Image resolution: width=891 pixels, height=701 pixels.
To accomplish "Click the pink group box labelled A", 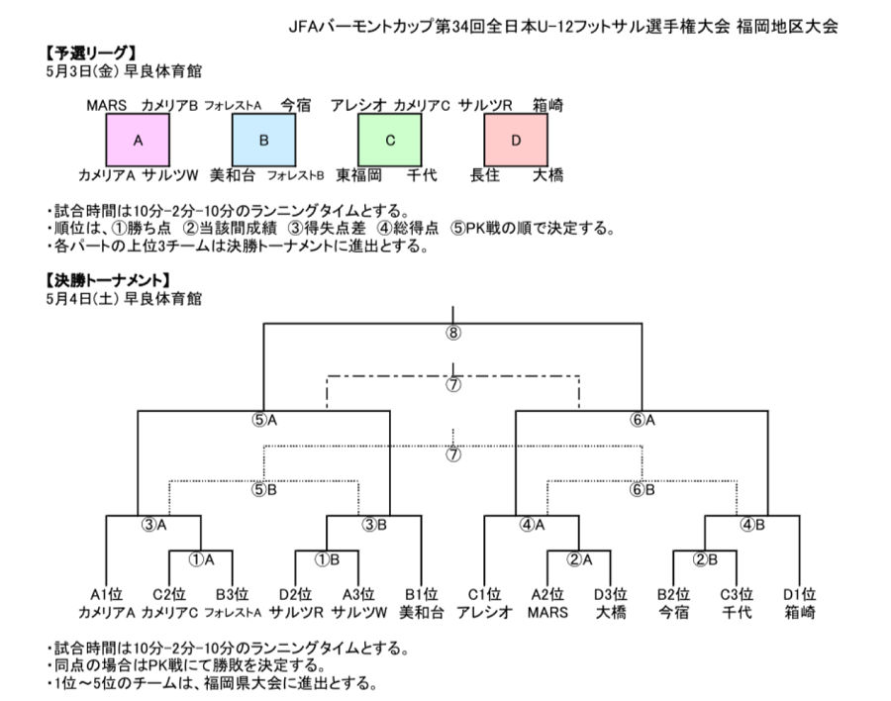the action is pyautogui.click(x=138, y=140).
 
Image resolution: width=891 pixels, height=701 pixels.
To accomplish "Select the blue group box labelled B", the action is pyautogui.click(x=263, y=140).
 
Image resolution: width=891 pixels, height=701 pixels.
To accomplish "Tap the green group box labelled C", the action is pyautogui.click(x=390, y=140).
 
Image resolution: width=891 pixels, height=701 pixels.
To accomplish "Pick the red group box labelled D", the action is pyautogui.click(x=516, y=140).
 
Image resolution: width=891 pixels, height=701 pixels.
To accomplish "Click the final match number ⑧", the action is pyautogui.click(x=452, y=333).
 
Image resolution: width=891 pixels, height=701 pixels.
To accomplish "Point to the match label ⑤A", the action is pyautogui.click(x=264, y=420).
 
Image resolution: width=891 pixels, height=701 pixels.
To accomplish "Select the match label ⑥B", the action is pyautogui.click(x=643, y=489).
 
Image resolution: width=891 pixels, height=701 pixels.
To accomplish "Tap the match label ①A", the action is pyautogui.click(x=202, y=560).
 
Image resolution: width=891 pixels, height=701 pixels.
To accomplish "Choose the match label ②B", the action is pyautogui.click(x=705, y=560).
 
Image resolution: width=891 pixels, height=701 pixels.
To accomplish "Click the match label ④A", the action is pyautogui.click(x=532, y=525).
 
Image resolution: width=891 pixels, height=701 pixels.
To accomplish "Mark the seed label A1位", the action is pyautogui.click(x=106, y=595).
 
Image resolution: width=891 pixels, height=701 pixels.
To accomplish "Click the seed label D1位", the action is pyautogui.click(x=800, y=595).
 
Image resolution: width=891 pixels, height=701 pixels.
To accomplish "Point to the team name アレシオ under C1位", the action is pyautogui.click(x=485, y=612).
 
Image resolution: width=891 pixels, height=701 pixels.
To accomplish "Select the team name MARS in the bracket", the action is pyautogui.click(x=547, y=612).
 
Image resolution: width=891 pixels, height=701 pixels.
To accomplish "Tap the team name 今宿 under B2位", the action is pyautogui.click(x=674, y=612).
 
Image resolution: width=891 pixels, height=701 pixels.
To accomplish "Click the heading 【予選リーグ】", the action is pyautogui.click(x=91, y=53).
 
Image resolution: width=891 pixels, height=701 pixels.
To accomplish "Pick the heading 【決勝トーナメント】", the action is pyautogui.click(x=108, y=280).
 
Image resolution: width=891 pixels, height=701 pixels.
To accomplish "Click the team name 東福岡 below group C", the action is pyautogui.click(x=358, y=175).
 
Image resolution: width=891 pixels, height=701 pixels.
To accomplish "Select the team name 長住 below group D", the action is pyautogui.click(x=485, y=175).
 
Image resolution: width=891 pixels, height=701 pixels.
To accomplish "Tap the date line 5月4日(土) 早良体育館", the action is pyautogui.click(x=124, y=298).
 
